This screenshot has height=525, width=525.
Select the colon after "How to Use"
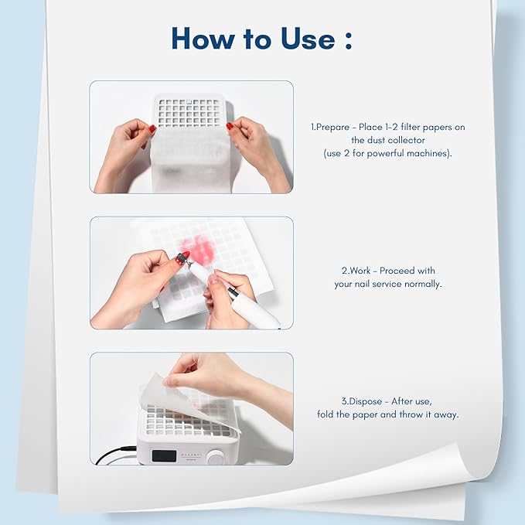pos(347,40)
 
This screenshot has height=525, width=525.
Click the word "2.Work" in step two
pos(356,271)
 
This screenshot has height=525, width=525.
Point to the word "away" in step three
pos(447,414)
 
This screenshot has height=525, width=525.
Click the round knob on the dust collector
pos(215,457)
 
